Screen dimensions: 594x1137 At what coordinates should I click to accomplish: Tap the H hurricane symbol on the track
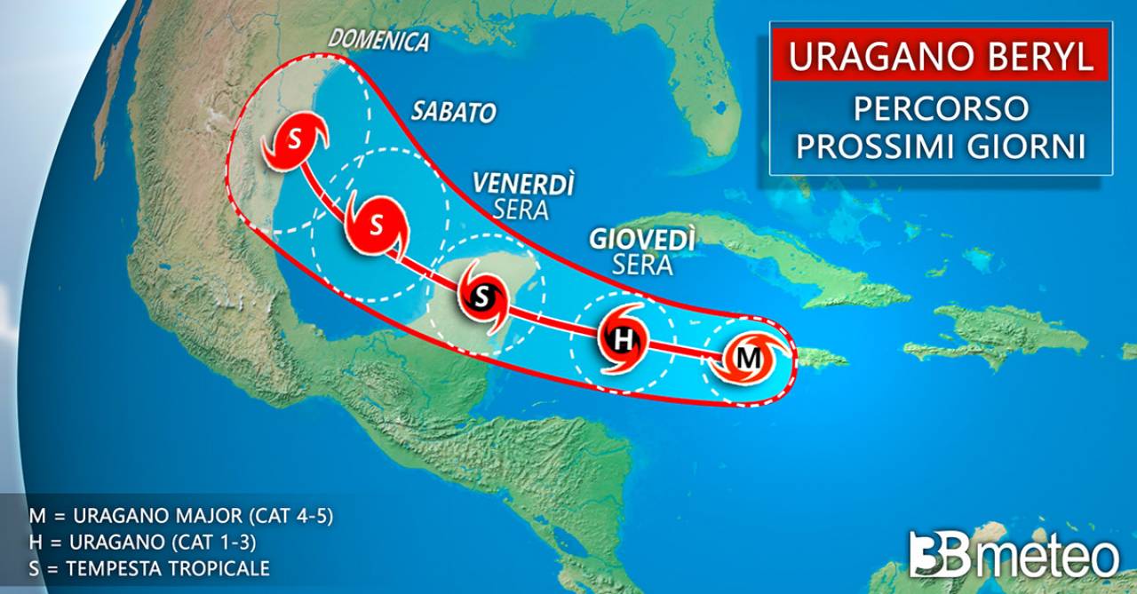point(624,339)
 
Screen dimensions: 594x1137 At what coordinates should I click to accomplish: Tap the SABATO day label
point(453,112)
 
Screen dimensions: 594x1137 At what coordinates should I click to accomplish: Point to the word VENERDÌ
point(523,184)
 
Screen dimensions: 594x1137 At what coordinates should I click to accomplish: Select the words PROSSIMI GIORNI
point(941,145)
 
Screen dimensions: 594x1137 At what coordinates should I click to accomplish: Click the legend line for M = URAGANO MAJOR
point(179,516)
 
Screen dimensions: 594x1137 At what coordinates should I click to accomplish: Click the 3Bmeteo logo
point(1014,556)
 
